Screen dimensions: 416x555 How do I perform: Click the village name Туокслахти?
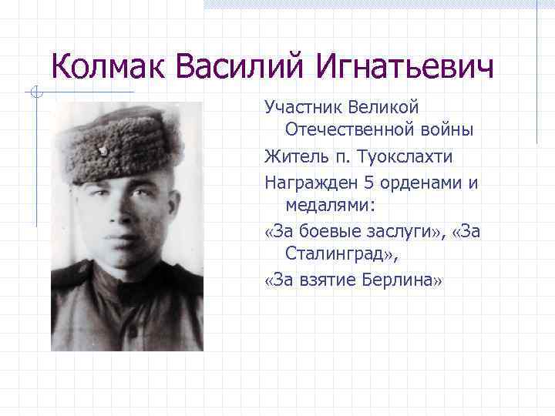click(x=405, y=157)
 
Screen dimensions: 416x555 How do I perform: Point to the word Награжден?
click(x=308, y=183)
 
